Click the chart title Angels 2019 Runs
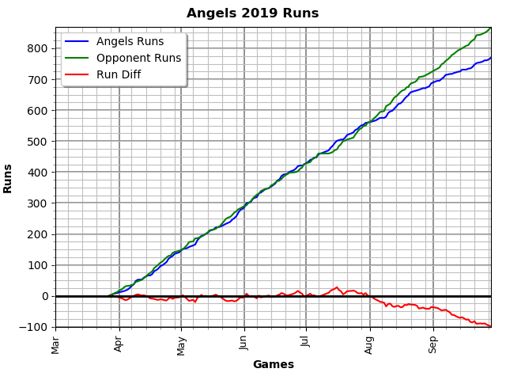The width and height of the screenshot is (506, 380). click(x=252, y=13)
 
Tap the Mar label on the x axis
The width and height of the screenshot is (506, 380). click(x=56, y=344)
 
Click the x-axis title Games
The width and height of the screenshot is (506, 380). click(x=273, y=365)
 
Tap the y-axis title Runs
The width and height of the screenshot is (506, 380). click(x=8, y=178)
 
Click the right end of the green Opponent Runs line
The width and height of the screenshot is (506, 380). click(x=490, y=28)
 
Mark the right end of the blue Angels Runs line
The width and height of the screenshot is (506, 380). click(x=490, y=58)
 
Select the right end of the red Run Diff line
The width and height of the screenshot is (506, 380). click(x=490, y=326)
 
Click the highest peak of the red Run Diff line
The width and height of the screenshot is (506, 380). click(x=337, y=287)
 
